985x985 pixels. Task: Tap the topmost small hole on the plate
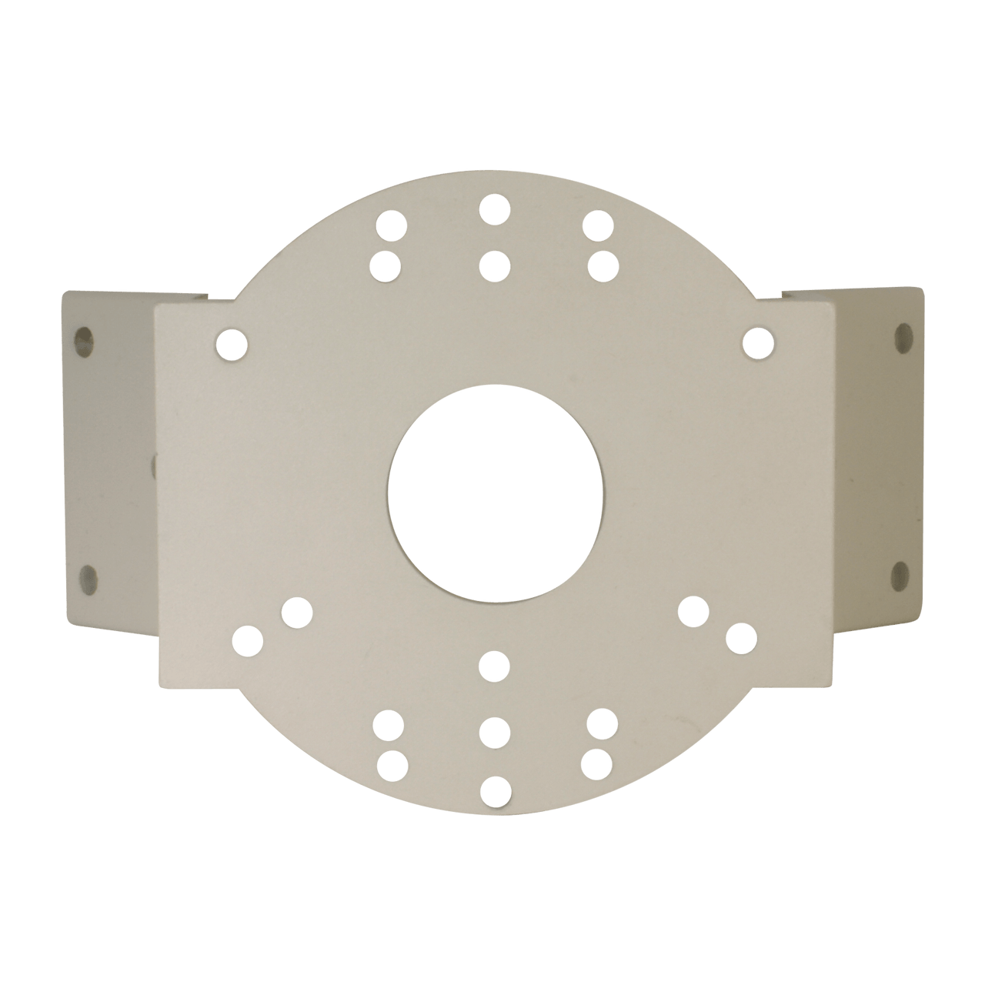click(495, 209)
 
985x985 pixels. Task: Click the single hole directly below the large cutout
click(493, 666)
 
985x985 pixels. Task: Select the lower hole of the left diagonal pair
click(248, 640)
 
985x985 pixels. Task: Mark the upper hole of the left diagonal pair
click(297, 613)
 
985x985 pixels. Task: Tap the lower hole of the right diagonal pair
click(740, 637)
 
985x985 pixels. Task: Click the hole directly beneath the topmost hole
click(493, 265)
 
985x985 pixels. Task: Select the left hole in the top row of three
click(391, 226)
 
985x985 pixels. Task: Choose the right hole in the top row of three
click(597, 225)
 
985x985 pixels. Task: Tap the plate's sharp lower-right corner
click(833, 683)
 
